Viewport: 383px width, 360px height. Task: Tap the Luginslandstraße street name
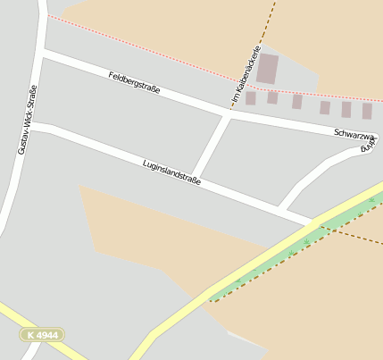(x=171, y=172)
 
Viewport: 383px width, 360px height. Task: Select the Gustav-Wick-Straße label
(x=27, y=119)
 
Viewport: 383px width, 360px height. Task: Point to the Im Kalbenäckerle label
(x=246, y=72)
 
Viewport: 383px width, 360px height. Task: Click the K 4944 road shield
(x=42, y=335)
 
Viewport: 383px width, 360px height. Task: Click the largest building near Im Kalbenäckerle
(x=267, y=69)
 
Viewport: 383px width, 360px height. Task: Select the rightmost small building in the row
(x=367, y=111)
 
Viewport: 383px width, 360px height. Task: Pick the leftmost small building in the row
(x=251, y=97)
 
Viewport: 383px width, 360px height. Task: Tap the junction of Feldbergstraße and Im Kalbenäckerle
(x=229, y=113)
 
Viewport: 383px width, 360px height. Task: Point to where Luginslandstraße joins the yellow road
(x=314, y=221)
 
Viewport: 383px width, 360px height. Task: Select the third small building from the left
(x=296, y=102)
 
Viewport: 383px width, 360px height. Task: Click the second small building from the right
(x=346, y=109)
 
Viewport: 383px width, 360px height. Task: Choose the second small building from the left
(x=272, y=97)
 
